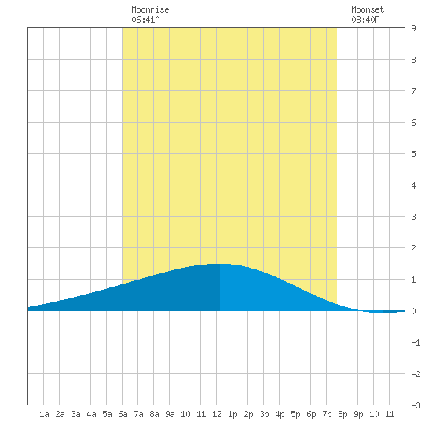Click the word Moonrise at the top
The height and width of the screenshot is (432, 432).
[x=150, y=9]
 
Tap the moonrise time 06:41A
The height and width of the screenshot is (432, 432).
[x=145, y=20]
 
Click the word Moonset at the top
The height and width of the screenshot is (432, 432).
[x=368, y=9]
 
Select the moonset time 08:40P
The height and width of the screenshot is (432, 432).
[x=365, y=20]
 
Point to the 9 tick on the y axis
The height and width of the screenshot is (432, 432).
[x=413, y=28]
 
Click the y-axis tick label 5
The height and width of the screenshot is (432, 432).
[x=413, y=154]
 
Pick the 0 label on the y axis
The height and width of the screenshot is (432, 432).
[x=413, y=311]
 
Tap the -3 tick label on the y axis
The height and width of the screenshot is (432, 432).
[x=416, y=405]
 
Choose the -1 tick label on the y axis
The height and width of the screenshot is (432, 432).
[x=416, y=342]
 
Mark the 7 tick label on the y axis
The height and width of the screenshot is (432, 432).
[x=413, y=91]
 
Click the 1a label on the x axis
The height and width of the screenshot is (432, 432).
[x=44, y=414]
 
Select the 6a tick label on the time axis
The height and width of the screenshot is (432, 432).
[x=123, y=414]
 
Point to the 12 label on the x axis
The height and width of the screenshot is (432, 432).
[x=217, y=414]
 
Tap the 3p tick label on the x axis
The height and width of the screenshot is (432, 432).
[x=264, y=414]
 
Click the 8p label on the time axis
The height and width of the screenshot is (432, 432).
[x=342, y=414]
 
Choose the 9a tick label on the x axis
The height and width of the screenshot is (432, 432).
[x=170, y=414]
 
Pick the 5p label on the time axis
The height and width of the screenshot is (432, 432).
[x=295, y=414]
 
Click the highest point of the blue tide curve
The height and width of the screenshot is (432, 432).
[x=221, y=264]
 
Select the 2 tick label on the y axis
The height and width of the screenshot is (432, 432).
[x=413, y=248]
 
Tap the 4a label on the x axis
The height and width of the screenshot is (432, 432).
[x=91, y=414]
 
